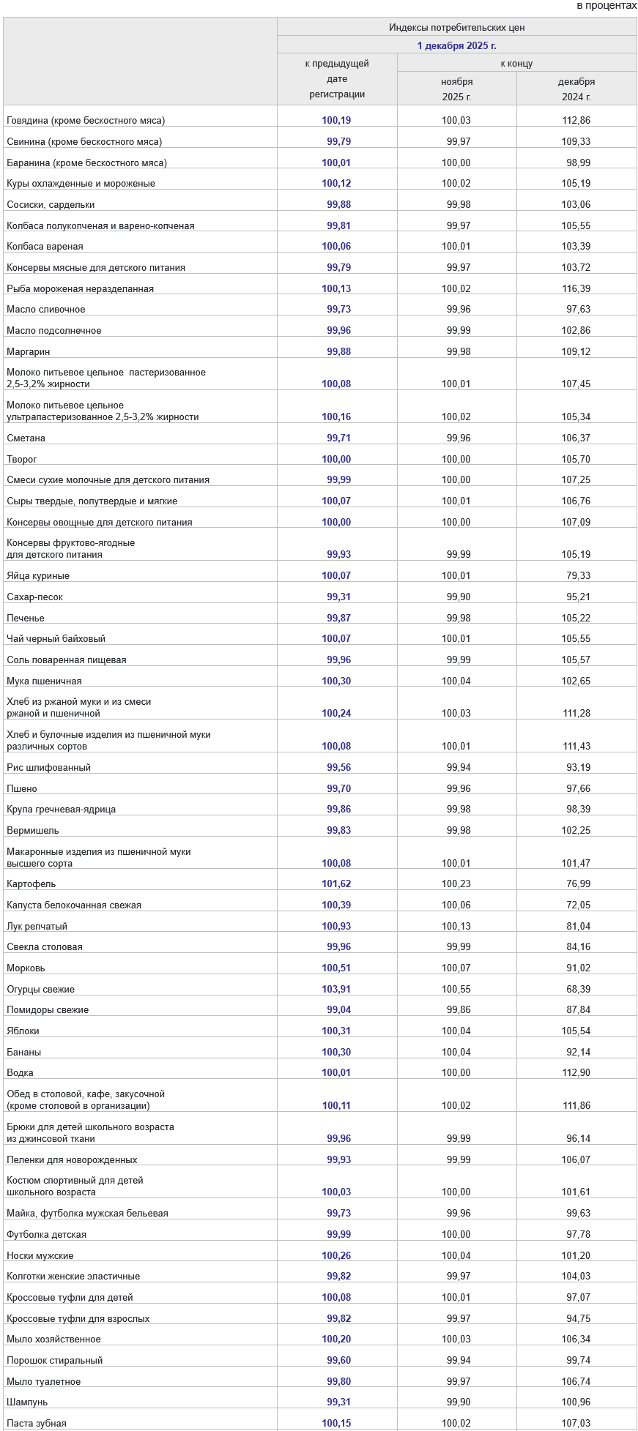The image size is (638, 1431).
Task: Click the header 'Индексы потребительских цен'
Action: pos(456,28)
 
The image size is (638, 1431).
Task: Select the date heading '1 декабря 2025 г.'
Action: pos(456,45)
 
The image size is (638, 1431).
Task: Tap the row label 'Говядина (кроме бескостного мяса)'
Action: pos(86,120)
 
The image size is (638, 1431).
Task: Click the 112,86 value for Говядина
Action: pos(576,120)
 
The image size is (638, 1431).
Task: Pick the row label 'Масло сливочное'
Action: pos(46,310)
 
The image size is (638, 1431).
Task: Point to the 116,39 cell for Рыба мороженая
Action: pos(576,288)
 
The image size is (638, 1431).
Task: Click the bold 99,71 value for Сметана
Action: pos(338,438)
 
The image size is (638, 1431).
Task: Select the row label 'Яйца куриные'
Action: pos(38,576)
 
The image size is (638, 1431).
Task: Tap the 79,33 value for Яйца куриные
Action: pos(578,576)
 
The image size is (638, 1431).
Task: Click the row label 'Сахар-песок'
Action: pos(35,597)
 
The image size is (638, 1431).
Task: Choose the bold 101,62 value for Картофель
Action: pos(336,884)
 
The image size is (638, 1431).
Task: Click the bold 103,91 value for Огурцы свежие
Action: pos(336,990)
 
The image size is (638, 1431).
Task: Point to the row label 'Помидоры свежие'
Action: pos(48,1010)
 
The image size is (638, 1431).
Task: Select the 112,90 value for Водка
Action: pos(576,1073)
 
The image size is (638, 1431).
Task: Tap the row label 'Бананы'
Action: pos(24,1053)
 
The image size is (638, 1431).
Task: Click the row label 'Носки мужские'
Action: pos(40,1256)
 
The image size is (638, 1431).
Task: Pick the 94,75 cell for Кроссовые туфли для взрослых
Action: pos(578,1319)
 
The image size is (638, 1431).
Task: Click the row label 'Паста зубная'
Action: pos(37,1424)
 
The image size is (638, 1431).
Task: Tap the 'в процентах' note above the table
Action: pos(607,6)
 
